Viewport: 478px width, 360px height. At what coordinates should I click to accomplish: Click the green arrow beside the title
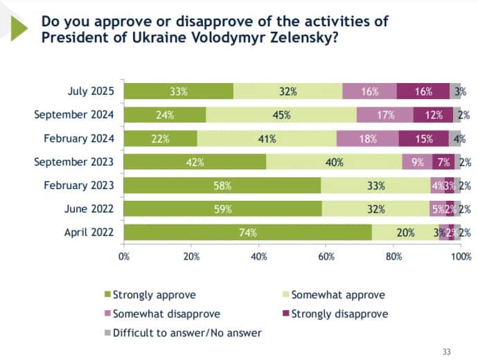[18, 27]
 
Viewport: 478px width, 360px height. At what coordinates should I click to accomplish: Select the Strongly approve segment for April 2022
[247, 233]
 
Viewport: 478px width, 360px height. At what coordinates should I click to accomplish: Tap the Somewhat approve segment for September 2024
[281, 115]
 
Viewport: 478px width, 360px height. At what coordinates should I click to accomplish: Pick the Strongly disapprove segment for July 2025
[423, 91]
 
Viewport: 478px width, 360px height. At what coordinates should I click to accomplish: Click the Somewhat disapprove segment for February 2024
[367, 138]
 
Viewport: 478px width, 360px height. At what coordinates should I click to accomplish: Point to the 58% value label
[222, 186]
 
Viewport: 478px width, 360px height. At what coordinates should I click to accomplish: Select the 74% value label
[247, 233]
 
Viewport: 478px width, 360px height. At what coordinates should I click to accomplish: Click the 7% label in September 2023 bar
[443, 162]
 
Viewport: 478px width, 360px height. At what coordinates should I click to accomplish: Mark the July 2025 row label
[94, 91]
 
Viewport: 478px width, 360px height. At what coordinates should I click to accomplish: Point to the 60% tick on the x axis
[326, 257]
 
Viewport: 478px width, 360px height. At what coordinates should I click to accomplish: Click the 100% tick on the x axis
[461, 257]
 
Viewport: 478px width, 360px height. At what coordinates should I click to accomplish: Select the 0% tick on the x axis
[125, 257]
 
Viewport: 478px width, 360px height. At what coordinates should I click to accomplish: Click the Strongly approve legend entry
[154, 295]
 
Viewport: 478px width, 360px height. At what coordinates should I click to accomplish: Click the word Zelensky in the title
[301, 37]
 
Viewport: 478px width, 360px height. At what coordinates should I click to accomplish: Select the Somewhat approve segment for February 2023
[375, 186]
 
